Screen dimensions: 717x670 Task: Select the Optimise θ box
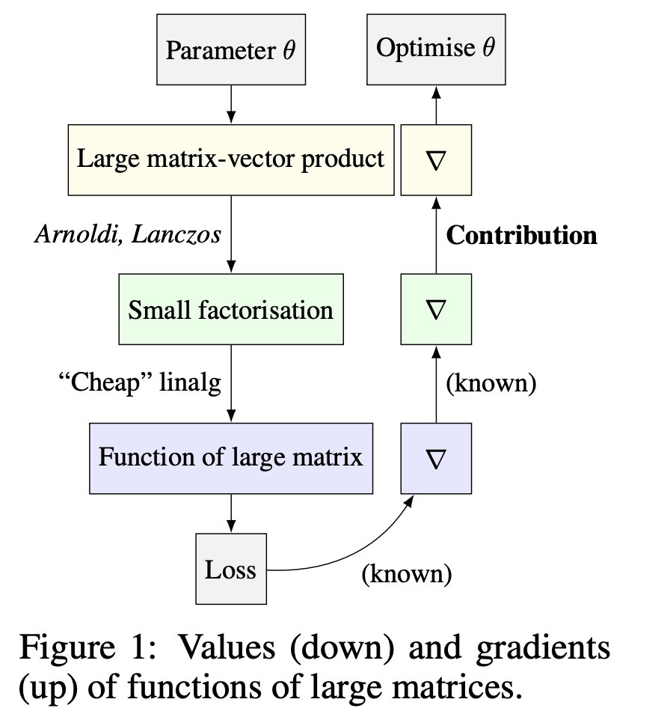pos(436,49)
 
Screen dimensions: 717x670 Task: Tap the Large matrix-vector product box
pos(231,159)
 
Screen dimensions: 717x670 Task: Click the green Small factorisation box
pos(231,308)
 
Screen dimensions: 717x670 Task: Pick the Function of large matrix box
pos(231,457)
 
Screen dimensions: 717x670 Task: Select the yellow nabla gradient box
pos(436,159)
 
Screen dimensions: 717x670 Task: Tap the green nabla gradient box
pos(436,308)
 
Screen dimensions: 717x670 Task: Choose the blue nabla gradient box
pos(436,457)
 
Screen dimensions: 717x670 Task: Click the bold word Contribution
pos(521,235)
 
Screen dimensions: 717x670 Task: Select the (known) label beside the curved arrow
pos(407,574)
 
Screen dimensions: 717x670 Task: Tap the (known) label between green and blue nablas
pos(491,384)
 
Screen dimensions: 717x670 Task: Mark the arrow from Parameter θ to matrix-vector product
pos(231,105)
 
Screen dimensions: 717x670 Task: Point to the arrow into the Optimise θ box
pos(436,105)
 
